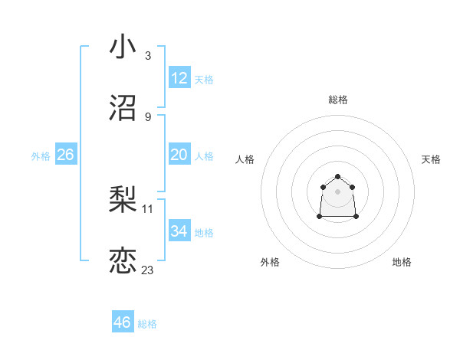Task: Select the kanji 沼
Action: [123, 108]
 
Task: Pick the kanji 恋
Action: [123, 260]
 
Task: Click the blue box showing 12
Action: [179, 78]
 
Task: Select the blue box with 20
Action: [179, 155]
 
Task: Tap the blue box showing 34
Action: [179, 231]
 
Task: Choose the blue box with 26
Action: [65, 155]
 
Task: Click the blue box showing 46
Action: [123, 322]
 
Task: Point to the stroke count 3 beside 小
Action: [148, 56]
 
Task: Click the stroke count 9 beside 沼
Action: [148, 116]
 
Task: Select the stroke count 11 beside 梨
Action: [148, 208]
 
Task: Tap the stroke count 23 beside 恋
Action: [148, 270]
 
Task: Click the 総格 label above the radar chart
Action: [337, 100]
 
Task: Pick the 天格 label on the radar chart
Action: [431, 159]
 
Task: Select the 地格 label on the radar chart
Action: [402, 262]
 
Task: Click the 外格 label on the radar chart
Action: [271, 262]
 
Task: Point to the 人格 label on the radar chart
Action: [245, 159]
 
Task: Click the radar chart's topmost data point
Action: [337, 177]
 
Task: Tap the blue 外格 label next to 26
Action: [41, 156]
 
